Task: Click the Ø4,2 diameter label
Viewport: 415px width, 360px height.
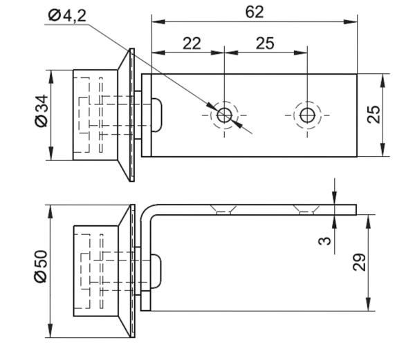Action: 67,16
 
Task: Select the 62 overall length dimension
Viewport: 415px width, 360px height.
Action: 255,12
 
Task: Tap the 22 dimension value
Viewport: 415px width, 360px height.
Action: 192,44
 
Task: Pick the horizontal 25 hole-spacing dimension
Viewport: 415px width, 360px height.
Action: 265,44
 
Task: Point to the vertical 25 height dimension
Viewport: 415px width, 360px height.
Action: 373,115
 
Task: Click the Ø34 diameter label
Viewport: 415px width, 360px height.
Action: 41,111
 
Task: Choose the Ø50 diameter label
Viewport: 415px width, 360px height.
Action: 41,267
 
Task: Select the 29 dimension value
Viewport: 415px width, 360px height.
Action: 359,262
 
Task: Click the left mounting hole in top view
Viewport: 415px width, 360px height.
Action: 224,115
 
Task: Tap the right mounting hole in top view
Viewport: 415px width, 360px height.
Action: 307,115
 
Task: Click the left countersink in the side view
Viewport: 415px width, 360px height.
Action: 223,209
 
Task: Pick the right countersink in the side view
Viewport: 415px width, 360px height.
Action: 306,209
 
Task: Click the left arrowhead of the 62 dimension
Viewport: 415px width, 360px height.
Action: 158,21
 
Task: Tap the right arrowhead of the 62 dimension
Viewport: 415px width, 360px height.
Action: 351,21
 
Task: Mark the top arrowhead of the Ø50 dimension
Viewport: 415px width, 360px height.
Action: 50,211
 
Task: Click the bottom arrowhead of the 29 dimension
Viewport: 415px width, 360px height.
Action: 368,304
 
